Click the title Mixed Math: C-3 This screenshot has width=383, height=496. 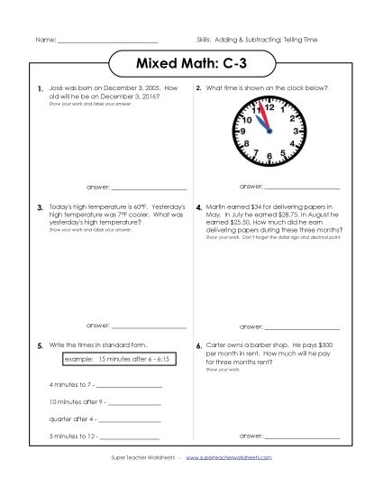191,65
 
